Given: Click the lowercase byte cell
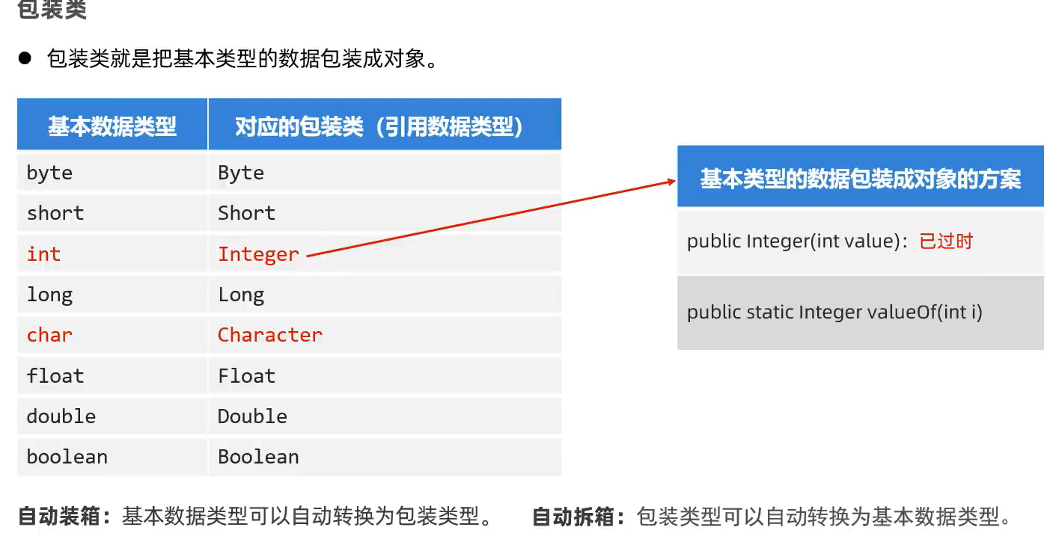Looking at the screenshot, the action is click(49, 173).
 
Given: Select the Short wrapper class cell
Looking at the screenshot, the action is click(246, 213).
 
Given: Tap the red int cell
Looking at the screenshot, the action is click(43, 254).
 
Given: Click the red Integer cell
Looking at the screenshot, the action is click(258, 254).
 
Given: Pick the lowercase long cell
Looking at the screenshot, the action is click(49, 295).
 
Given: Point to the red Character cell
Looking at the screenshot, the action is click(269, 335).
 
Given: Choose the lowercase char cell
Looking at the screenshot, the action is click(49, 335).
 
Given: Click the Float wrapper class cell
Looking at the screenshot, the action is click(246, 375).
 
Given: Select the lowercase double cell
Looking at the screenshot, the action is click(61, 416).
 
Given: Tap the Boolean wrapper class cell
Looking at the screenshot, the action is click(258, 456).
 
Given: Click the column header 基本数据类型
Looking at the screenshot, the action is click(112, 126).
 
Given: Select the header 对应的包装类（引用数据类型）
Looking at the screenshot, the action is click(379, 126).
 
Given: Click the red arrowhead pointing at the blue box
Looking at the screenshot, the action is click(670, 181).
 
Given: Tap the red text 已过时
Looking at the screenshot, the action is click(946, 241).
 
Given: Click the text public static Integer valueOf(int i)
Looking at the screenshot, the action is click(834, 312).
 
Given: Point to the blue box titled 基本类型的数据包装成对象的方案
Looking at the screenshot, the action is click(860, 178).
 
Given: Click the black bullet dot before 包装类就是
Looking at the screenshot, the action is click(25, 58).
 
